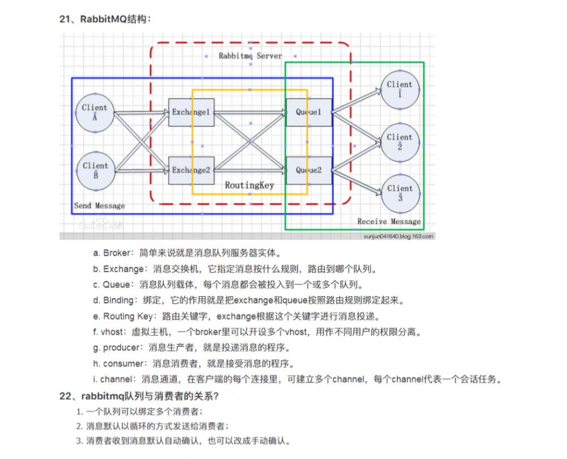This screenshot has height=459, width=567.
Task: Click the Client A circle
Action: (95, 112)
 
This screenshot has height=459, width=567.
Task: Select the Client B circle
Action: (95, 171)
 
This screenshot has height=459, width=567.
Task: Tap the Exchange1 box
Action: (191, 112)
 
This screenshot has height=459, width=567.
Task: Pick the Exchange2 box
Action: (191, 170)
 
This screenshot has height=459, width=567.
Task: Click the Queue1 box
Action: (308, 112)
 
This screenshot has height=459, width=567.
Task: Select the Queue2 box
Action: (308, 170)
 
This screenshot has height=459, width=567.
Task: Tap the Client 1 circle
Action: (400, 89)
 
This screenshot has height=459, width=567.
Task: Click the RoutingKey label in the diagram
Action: (249, 185)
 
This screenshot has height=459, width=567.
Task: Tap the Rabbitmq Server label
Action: (250, 56)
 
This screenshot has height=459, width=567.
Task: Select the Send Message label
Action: (99, 205)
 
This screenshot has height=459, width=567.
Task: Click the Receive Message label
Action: (389, 221)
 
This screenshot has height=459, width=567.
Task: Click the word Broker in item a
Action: (117, 253)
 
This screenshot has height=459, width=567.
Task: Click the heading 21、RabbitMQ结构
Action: (105, 19)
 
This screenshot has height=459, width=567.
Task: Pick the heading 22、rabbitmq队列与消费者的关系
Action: (139, 396)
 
